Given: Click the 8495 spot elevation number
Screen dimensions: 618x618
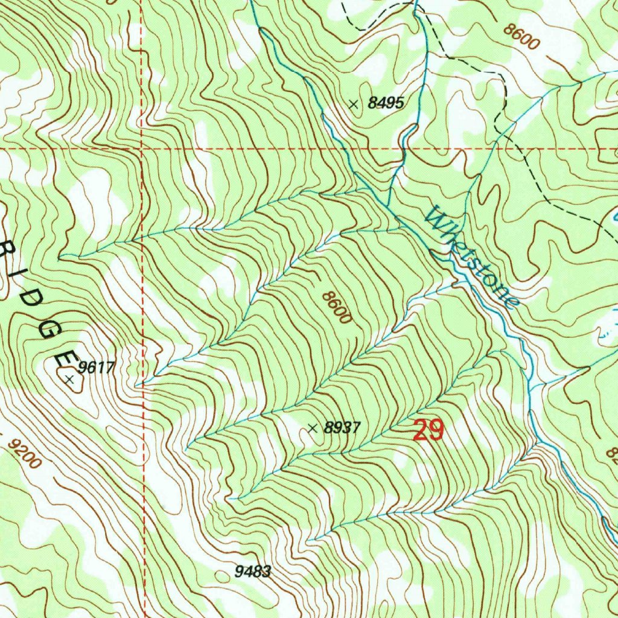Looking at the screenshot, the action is [x=385, y=103].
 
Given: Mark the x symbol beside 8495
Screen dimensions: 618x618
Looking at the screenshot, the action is [x=354, y=104].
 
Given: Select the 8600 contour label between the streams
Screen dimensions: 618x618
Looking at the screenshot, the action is [x=336, y=307].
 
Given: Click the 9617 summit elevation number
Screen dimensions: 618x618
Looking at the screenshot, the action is [x=97, y=367].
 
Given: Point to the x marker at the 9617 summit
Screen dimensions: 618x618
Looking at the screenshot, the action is [x=70, y=380].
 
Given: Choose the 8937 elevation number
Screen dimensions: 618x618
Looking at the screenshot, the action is [x=342, y=428].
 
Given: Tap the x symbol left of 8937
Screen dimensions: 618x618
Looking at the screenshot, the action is [x=312, y=428].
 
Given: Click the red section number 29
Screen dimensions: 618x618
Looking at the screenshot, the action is [x=428, y=431].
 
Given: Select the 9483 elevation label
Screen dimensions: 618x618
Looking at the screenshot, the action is [x=253, y=572].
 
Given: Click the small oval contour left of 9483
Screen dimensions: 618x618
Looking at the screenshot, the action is [x=223, y=576].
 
